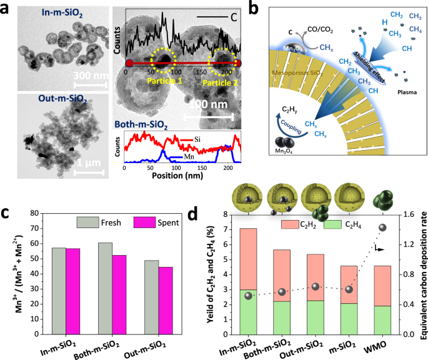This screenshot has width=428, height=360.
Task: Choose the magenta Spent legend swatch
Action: [x=146, y=222]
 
